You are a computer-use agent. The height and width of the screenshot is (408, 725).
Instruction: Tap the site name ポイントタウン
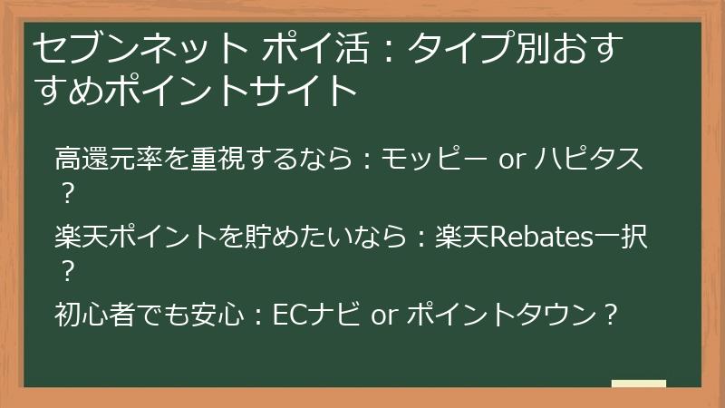coord(503,316)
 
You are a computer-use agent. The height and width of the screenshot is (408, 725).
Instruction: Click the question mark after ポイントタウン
coord(612,316)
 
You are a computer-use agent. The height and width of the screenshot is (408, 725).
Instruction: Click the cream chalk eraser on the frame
coord(638,383)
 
